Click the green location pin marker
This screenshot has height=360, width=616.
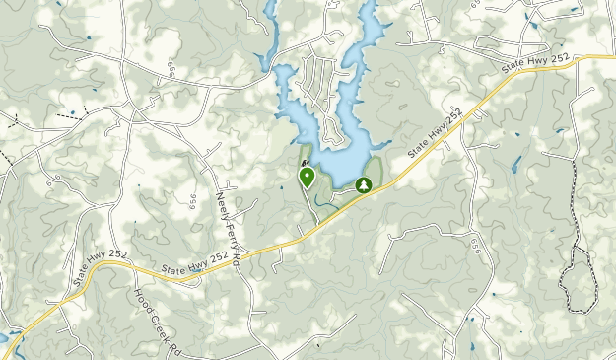point(307,176)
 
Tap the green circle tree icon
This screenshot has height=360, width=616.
point(364,184)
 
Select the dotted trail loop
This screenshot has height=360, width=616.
point(582,266)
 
